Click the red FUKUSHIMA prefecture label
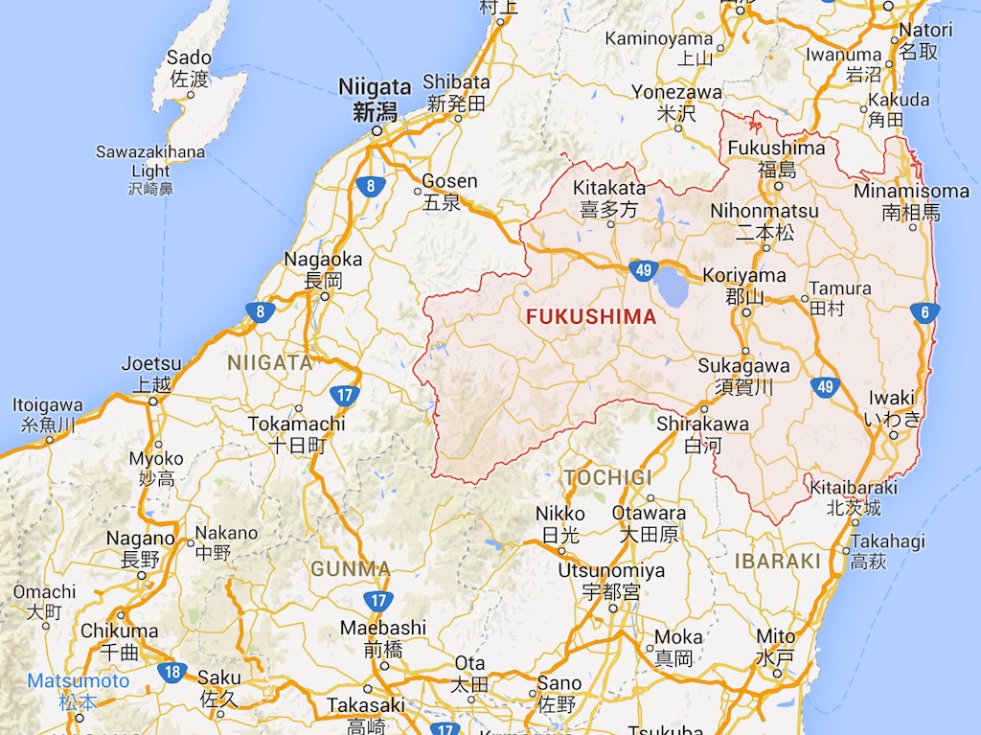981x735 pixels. pyautogui.click(x=590, y=317)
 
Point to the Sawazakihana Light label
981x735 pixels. pyautogui.click(x=150, y=162)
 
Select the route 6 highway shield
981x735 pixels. pyautogui.click(x=924, y=311)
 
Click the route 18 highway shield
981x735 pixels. pyautogui.click(x=172, y=672)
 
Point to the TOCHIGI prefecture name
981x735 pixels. pyautogui.click(x=607, y=477)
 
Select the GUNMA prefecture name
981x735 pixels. pyautogui.click(x=351, y=569)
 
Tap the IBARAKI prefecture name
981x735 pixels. pyautogui.click(x=777, y=562)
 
